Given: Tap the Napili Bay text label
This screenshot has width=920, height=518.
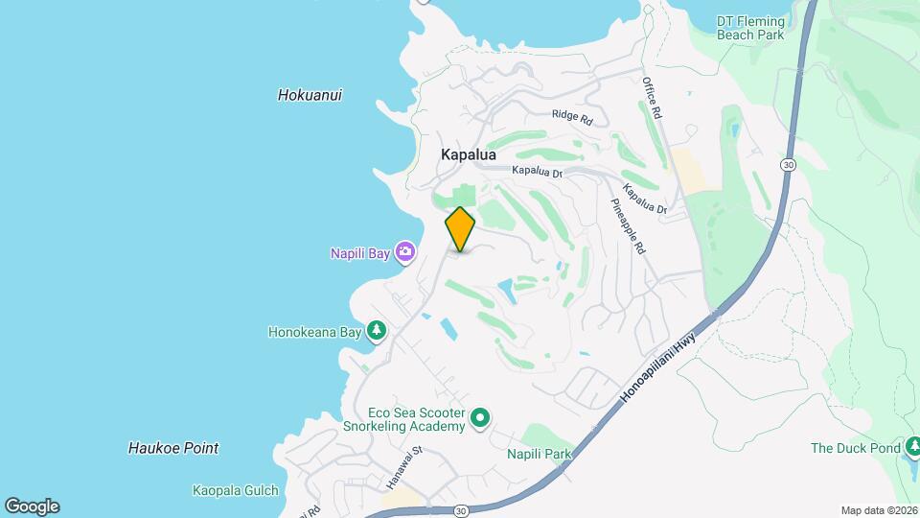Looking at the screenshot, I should click(361, 253).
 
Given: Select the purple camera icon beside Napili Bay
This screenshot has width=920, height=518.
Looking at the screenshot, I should click(405, 251).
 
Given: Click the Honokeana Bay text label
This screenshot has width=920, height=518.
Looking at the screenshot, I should click(314, 332).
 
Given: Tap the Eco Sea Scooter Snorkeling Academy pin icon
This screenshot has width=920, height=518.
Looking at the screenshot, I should click(481, 418).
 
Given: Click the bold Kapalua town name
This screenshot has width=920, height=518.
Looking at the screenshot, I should click(469, 153).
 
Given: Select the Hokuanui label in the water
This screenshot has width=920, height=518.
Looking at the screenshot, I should click(310, 95).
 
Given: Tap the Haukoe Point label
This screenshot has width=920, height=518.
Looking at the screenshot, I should click(173, 448).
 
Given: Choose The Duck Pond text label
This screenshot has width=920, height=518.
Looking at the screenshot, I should click(856, 448).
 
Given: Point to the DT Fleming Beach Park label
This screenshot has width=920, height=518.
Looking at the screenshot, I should click(750, 28).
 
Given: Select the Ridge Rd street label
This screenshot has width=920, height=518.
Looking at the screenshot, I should click(573, 117).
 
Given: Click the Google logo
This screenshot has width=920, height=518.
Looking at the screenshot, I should click(32, 506).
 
